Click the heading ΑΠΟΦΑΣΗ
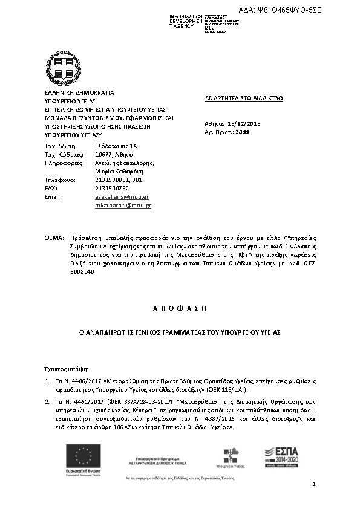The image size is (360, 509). point(179,308)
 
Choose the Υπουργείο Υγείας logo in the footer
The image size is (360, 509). point(230,456)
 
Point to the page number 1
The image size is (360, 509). point(315,485)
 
